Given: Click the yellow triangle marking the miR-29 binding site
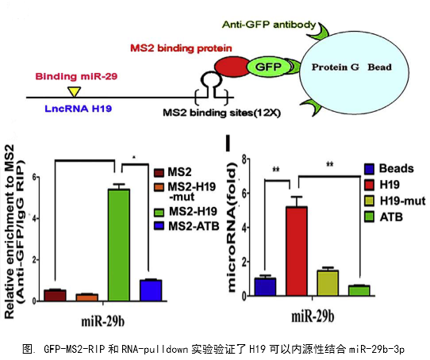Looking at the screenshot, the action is pyautogui.click(x=75, y=91).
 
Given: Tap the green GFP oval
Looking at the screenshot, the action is pyautogui.click(x=268, y=67).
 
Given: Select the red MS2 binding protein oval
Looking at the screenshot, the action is pyautogui.click(x=231, y=67).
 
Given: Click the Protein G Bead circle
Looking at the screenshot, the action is pyautogui.click(x=354, y=72).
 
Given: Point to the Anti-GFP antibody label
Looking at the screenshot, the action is pyautogui.click(x=269, y=25).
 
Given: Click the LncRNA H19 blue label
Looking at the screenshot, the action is pyautogui.click(x=79, y=109).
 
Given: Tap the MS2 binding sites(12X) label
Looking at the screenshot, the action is pyautogui.click(x=221, y=113).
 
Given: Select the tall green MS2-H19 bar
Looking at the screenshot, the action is pyautogui.click(x=119, y=245).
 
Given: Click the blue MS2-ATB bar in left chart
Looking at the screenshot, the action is pyautogui.click(x=151, y=290).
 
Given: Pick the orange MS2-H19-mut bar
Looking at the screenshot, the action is pyautogui.click(x=87, y=297).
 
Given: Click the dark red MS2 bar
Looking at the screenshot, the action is pyautogui.click(x=55, y=295).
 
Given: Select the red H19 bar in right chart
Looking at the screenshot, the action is pyautogui.click(x=297, y=251).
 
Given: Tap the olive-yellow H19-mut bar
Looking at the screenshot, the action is pyautogui.click(x=328, y=283).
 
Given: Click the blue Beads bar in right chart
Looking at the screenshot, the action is pyautogui.click(x=265, y=287).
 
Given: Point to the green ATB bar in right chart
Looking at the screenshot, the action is pyautogui.click(x=359, y=291).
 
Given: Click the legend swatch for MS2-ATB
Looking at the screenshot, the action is pyautogui.click(x=159, y=226).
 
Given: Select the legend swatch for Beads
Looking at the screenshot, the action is pyautogui.click(x=370, y=169).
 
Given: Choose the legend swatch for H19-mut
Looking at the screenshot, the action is pyautogui.click(x=370, y=201).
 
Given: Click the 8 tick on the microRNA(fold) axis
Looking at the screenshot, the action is pyautogui.click(x=244, y=159).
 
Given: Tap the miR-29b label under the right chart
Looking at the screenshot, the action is pyautogui.click(x=313, y=316).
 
